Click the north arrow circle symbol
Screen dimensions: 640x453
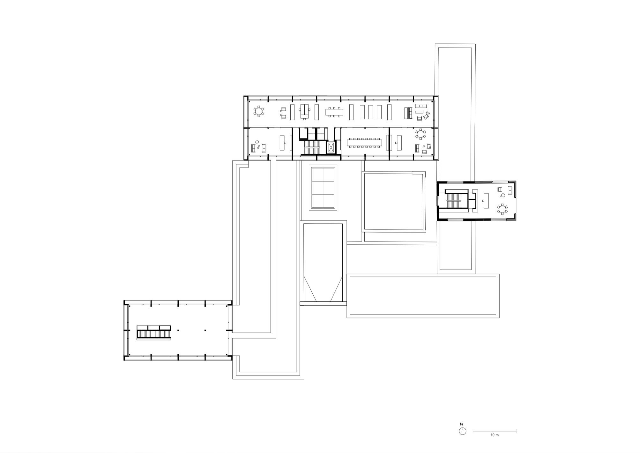click(462, 431)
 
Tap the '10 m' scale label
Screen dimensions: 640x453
click(494, 435)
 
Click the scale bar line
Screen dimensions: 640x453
click(494, 431)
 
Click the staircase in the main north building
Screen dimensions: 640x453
click(312, 148)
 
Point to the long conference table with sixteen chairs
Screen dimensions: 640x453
click(366, 143)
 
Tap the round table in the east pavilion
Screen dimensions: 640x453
click(502, 209)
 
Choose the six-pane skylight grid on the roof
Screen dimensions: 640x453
click(323, 187)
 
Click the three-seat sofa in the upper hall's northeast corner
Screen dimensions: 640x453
click(421, 106)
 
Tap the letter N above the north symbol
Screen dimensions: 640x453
click(461, 424)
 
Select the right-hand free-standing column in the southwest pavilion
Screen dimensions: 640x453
click(205, 330)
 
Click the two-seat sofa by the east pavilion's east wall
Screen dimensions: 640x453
click(510, 190)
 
